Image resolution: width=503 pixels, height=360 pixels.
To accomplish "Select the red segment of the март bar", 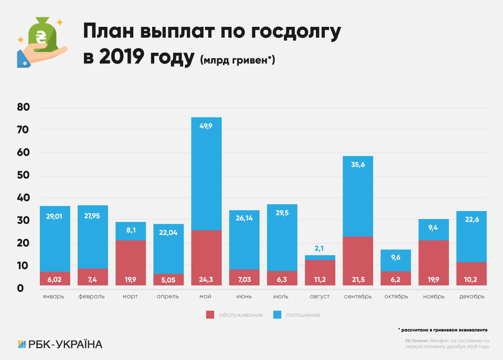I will (x=131, y=263).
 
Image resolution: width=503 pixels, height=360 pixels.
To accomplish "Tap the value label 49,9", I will (x=207, y=125).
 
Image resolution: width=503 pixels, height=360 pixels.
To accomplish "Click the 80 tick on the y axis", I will (x=23, y=107).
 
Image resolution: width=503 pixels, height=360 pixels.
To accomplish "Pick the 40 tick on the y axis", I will (x=23, y=198).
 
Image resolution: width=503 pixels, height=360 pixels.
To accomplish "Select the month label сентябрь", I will (x=358, y=297).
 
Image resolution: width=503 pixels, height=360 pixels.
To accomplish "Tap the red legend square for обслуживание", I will (x=210, y=315).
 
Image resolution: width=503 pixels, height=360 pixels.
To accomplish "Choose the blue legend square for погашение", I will (x=277, y=315).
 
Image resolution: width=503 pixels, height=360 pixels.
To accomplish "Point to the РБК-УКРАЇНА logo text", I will (x=65, y=344).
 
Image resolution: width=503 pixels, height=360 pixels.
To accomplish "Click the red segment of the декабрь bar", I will (x=472, y=274).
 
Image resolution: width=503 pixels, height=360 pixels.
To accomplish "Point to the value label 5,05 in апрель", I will (x=169, y=279).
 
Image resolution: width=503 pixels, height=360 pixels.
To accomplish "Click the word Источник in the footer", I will (x=417, y=341).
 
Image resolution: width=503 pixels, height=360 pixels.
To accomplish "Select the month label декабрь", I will (x=472, y=297).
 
